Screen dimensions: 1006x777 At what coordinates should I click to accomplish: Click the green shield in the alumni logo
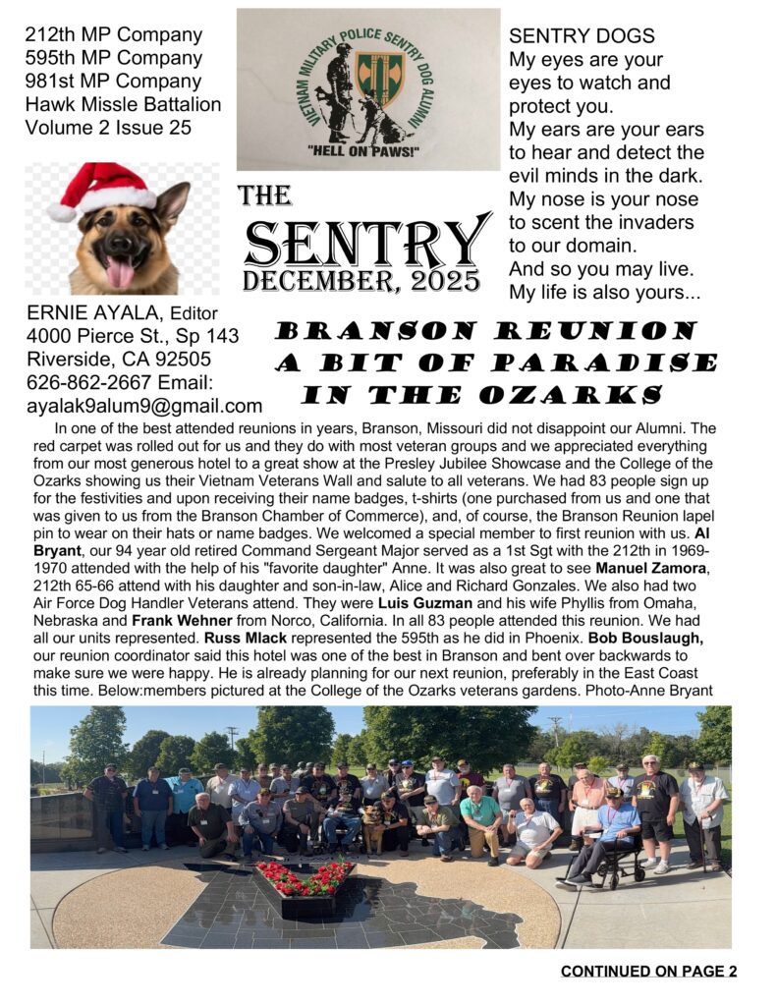pos(379,80)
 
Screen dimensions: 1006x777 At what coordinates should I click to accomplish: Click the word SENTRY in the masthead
pos(367,241)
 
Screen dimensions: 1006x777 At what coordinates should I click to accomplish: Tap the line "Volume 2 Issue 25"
pos(108,127)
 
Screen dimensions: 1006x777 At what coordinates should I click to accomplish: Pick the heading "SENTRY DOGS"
pos(582,36)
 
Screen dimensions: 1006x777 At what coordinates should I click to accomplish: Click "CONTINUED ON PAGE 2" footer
pos(648,972)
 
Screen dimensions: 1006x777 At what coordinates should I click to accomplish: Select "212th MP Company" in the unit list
pos(114,35)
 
